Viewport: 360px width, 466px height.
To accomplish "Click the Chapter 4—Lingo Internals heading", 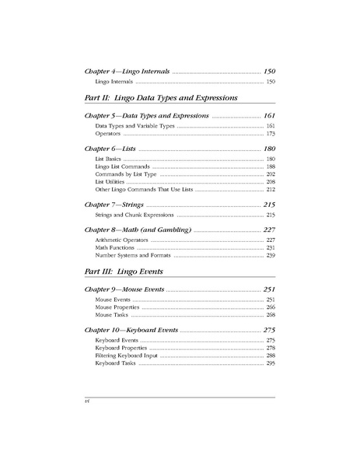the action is (126, 71).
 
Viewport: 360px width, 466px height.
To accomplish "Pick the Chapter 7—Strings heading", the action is (114, 204).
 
